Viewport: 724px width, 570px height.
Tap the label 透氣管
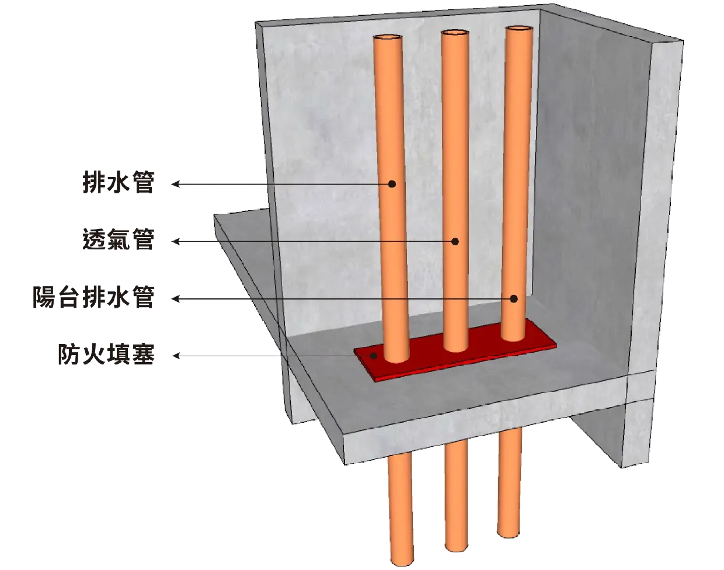[119, 239]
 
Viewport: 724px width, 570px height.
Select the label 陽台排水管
[93, 297]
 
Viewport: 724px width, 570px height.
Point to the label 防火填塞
[106, 354]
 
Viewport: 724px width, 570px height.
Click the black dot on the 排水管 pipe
[392, 184]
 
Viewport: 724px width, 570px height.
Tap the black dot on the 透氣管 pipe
[455, 241]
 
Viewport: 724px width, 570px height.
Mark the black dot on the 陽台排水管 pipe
[514, 298]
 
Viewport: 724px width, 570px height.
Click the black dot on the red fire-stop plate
[373, 355]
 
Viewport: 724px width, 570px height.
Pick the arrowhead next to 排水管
[176, 184]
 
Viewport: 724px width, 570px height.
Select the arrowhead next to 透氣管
[176, 241]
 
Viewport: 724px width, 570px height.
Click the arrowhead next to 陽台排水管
[176, 298]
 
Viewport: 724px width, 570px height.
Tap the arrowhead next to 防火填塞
[176, 356]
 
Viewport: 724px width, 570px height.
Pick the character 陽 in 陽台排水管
[44, 297]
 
